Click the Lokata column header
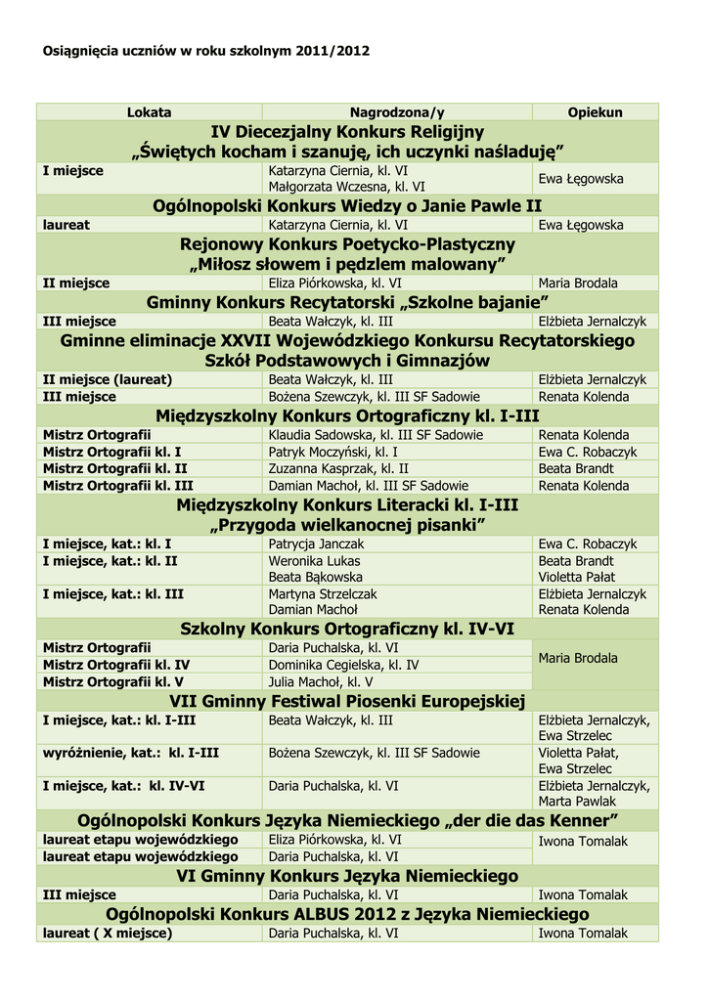[149, 112]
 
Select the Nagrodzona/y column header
[397, 112]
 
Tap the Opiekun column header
[595, 112]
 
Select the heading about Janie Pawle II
[347, 205]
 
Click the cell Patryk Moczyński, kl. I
[332, 452]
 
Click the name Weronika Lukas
[314, 561]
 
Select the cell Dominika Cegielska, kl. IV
[344, 665]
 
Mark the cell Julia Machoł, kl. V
[321, 681]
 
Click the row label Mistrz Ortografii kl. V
[113, 681]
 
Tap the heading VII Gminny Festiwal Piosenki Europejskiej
[347, 701]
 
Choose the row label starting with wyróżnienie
[130, 753]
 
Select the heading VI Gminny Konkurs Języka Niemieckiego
[347, 875]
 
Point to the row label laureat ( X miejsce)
[108, 934]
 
